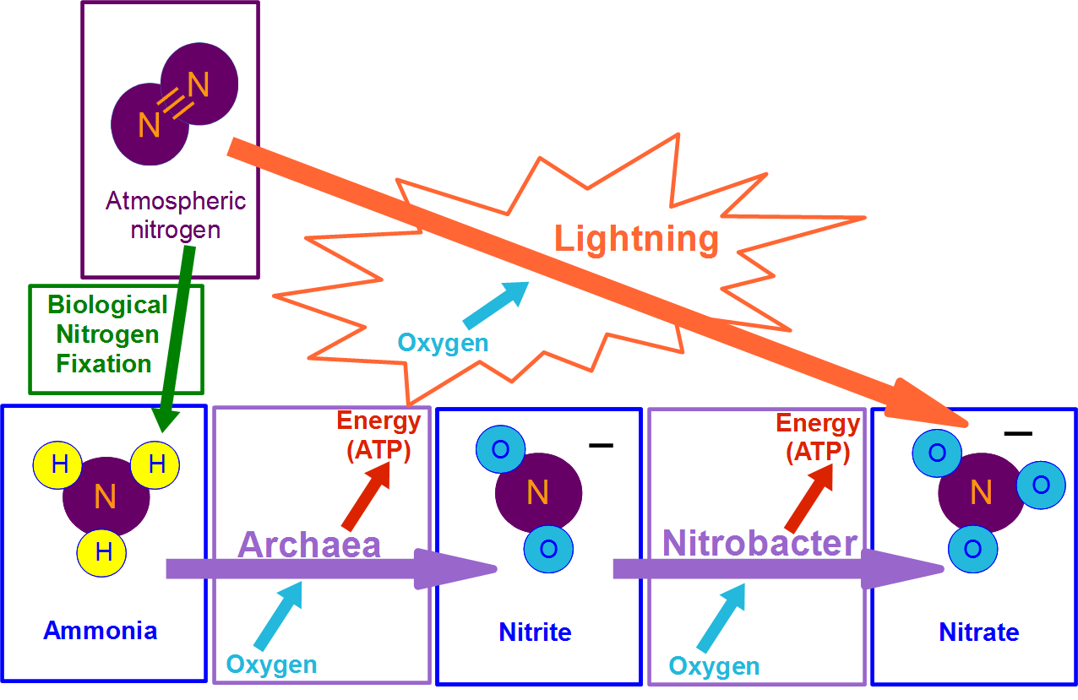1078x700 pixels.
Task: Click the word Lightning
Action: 636,240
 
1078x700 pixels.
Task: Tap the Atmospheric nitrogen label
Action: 176,214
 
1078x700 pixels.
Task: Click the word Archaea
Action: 309,545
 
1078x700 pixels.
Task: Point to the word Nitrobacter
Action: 759,543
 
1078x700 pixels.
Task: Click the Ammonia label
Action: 100,630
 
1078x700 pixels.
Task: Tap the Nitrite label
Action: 535,632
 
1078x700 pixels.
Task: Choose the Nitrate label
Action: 978,632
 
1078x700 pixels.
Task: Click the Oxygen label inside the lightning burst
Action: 443,343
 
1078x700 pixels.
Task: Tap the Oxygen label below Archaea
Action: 271,664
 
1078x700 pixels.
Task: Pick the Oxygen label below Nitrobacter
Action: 714,665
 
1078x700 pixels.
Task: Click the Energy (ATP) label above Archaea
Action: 378,436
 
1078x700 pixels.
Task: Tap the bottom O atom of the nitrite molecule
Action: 548,549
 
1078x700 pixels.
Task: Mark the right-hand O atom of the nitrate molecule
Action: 1040,485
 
